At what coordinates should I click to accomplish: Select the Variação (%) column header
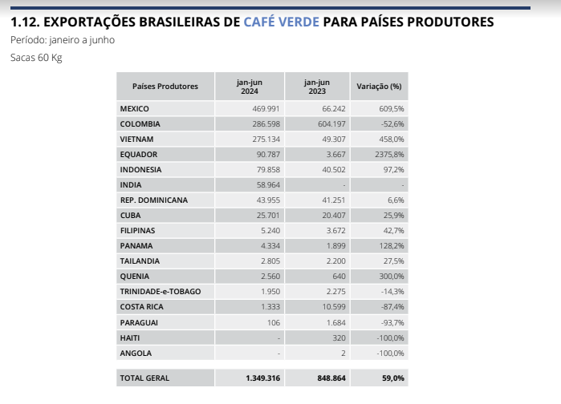coord(378,87)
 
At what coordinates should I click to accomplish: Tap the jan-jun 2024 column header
coord(249,87)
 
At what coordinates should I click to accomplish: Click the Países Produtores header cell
coord(165,87)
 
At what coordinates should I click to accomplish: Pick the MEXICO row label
coord(134,108)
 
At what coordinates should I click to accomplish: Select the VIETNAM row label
coord(136,139)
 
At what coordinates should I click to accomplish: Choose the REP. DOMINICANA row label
coord(153,200)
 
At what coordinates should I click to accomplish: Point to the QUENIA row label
coord(135,277)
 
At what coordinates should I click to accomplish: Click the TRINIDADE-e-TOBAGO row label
coord(160,291)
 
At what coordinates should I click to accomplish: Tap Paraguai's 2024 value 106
coord(274,322)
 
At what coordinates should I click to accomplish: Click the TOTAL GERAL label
coord(144,378)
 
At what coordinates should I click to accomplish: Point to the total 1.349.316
coord(262,378)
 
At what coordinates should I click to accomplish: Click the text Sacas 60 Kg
coord(36,58)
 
